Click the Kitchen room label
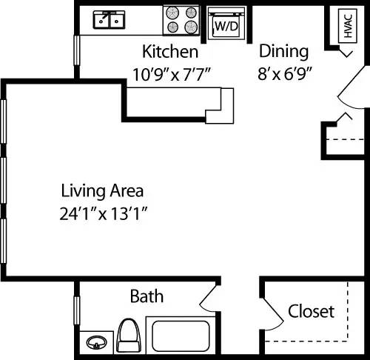[x=170, y=52]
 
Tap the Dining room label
[x=283, y=51]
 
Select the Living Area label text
[x=102, y=190]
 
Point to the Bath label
[x=147, y=297]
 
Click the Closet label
[x=311, y=311]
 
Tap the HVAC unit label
[x=347, y=27]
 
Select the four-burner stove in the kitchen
[x=181, y=21]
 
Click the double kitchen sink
[x=110, y=20]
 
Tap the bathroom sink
[x=95, y=342]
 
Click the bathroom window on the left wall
[x=77, y=310]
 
